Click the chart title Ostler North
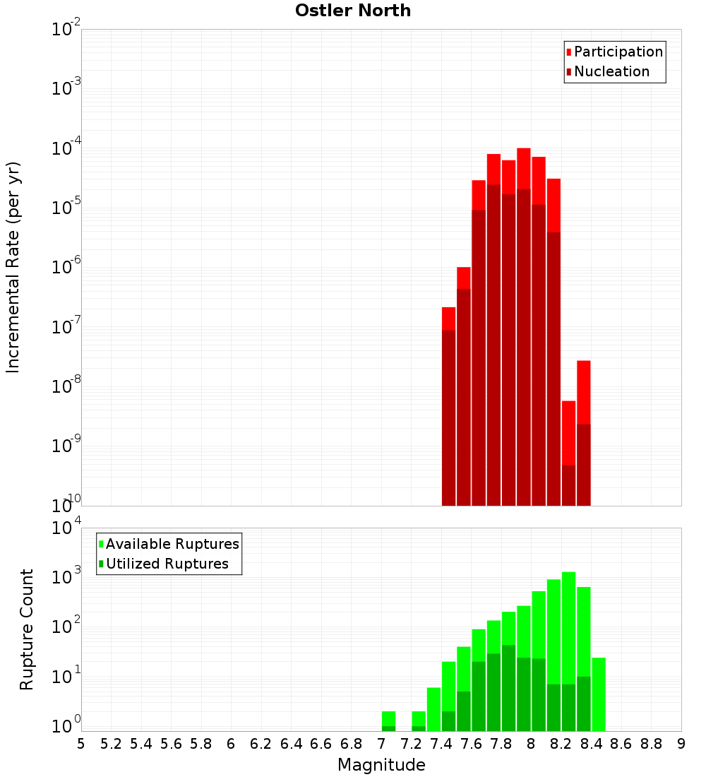[353, 11]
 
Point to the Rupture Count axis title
[27, 629]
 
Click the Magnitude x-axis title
[381, 765]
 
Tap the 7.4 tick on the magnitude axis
[441, 744]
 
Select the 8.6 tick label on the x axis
[621, 744]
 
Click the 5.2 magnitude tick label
[111, 744]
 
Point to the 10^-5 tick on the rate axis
[66, 208]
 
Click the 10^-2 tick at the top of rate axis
[66, 30]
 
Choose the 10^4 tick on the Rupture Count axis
[66, 528]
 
